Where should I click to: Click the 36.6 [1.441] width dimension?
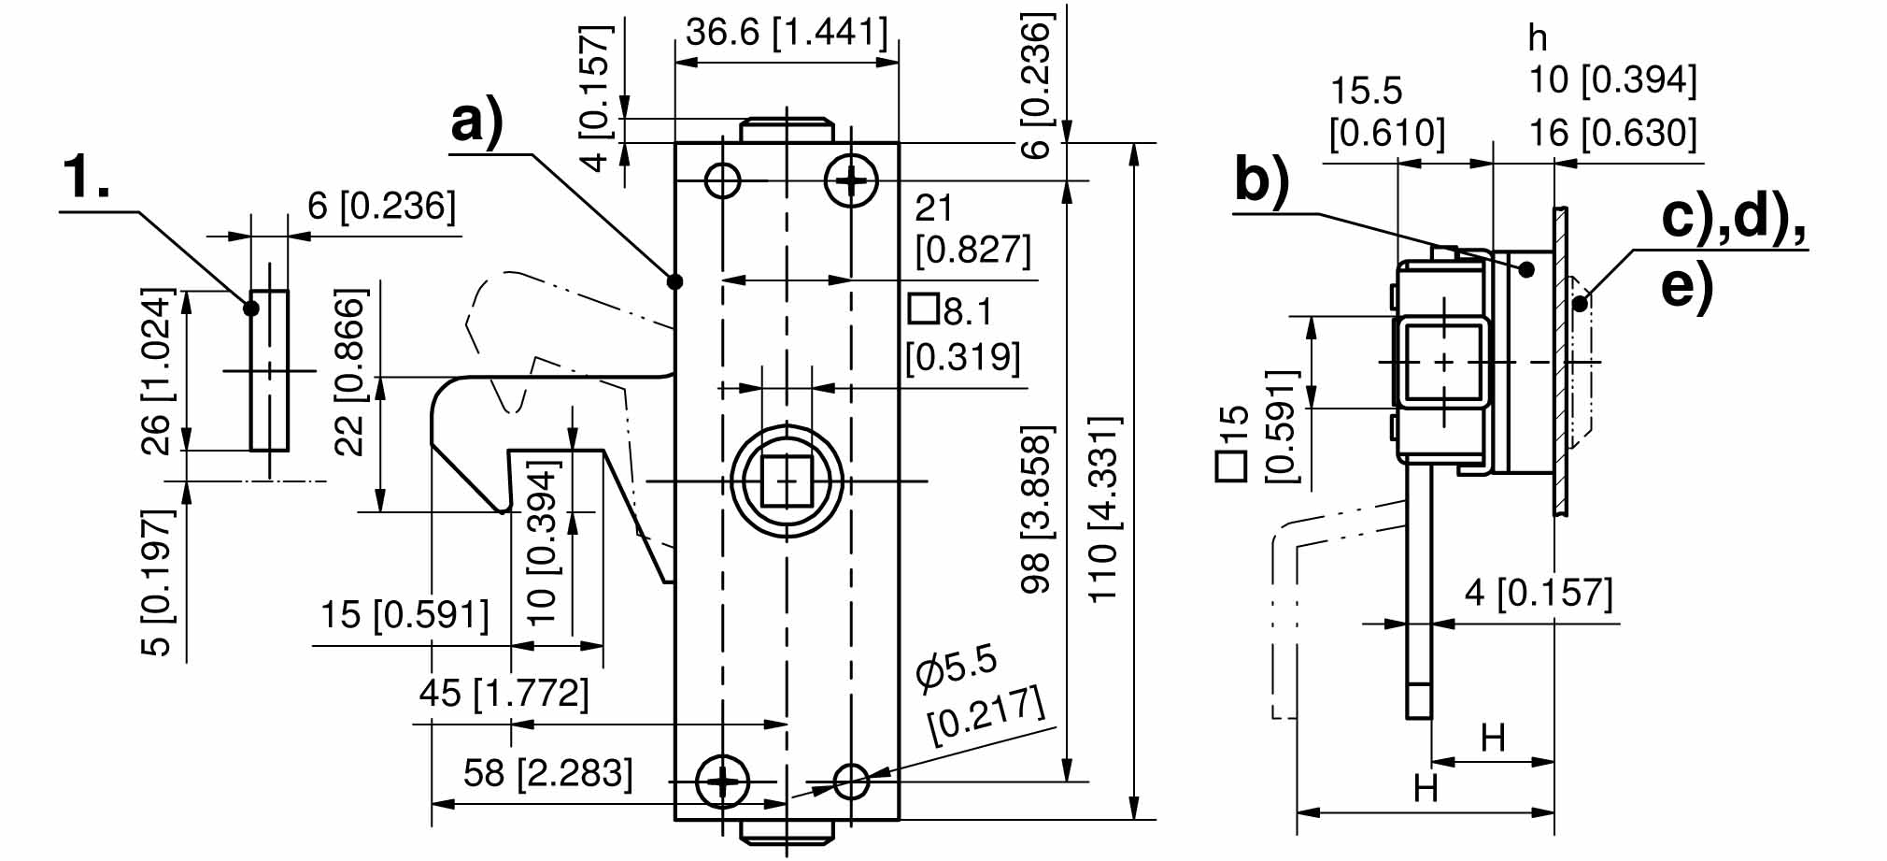pos(786,34)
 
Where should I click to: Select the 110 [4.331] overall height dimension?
pos(1103,509)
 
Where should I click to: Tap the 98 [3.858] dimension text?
pos(1036,509)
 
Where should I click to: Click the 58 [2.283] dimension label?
pos(547,774)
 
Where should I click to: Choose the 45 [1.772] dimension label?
pos(504,694)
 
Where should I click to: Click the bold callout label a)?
pos(476,122)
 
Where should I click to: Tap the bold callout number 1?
pos(86,177)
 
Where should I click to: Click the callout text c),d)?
pos(1733,218)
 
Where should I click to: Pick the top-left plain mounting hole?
pos(723,179)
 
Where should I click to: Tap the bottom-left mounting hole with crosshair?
pos(723,781)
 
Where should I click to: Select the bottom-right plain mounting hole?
pos(851,781)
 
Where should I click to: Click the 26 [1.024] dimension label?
pos(157,372)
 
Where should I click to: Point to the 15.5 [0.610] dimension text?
pos(1386,112)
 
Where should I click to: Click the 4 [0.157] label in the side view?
pos(1538,593)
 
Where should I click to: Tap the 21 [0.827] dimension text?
pos(972,230)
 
